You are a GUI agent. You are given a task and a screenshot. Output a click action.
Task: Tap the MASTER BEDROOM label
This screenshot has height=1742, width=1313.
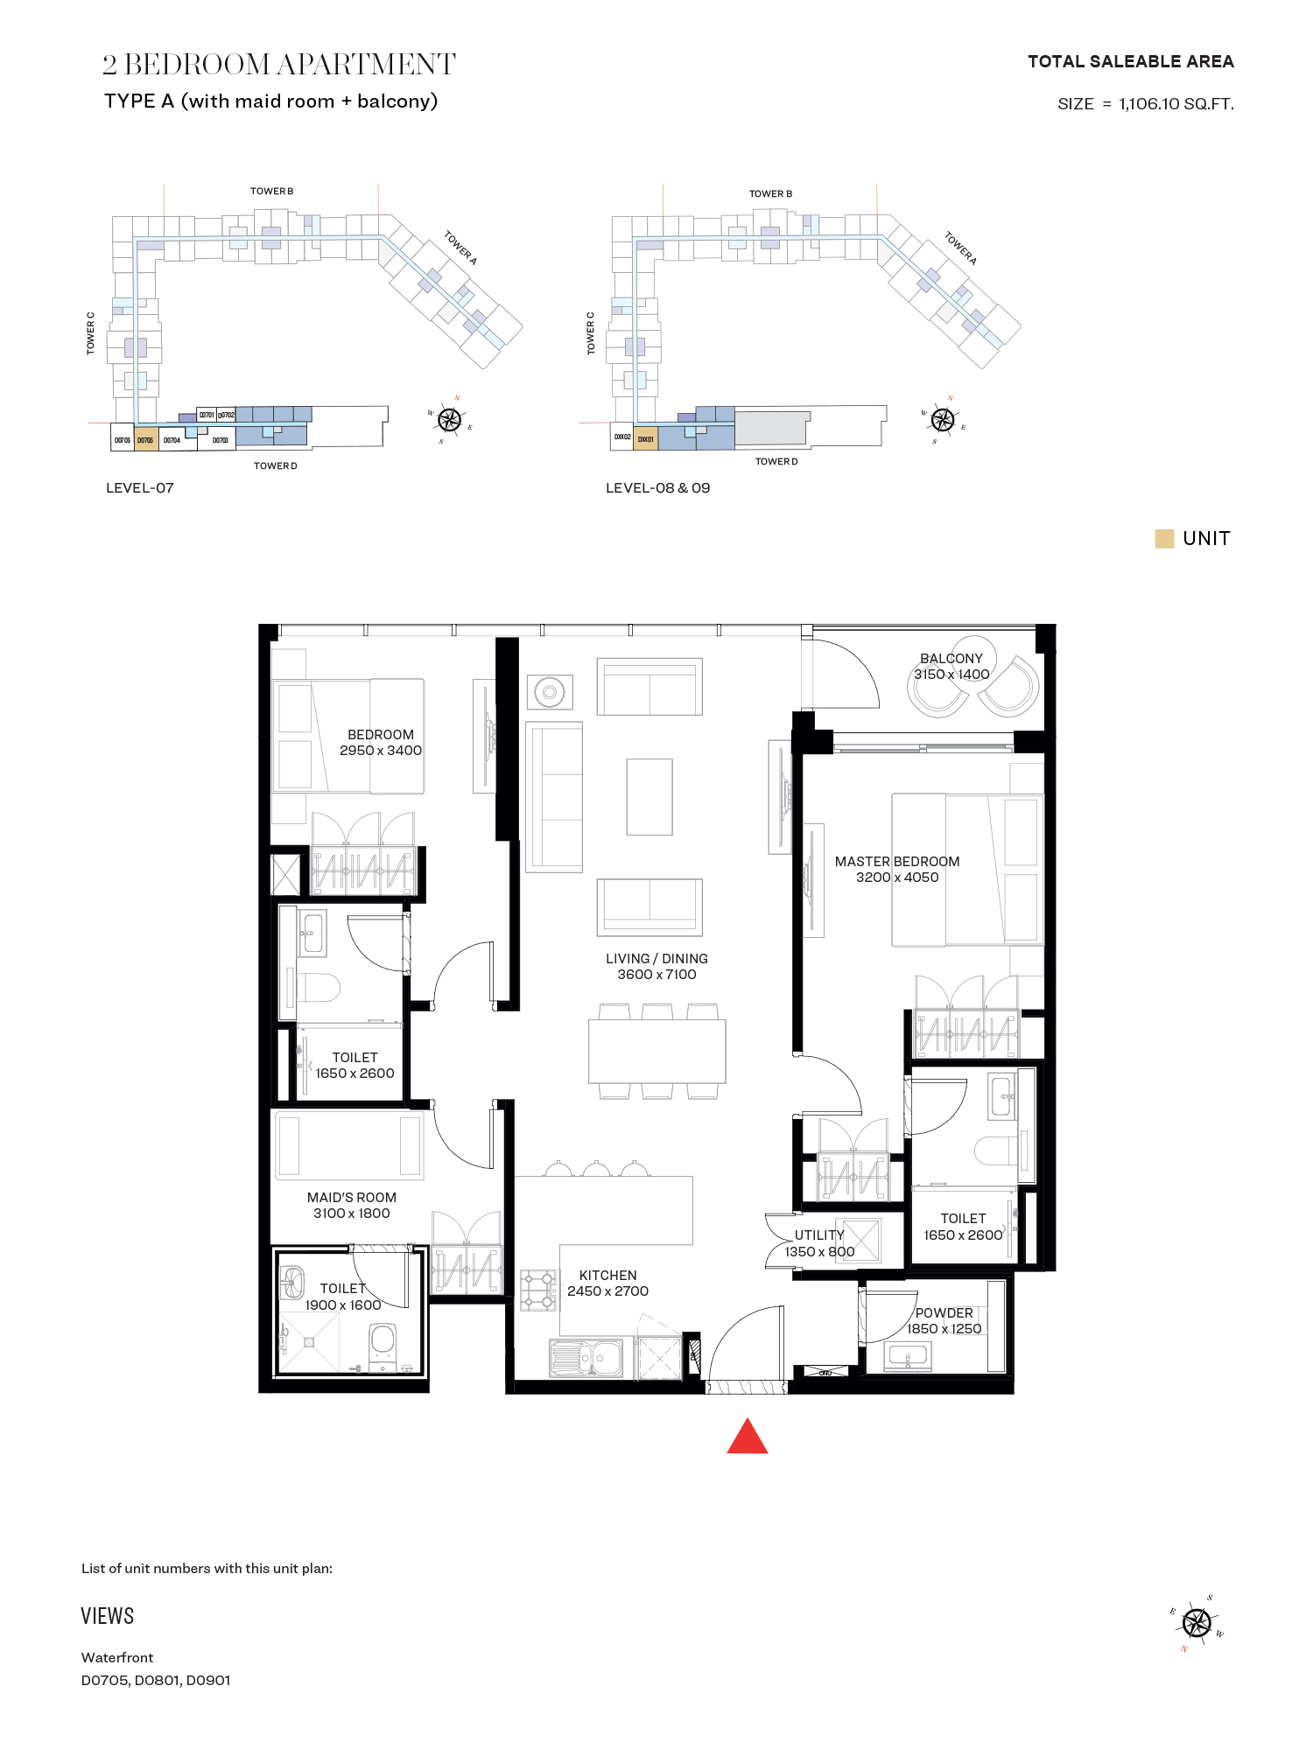pos(896,862)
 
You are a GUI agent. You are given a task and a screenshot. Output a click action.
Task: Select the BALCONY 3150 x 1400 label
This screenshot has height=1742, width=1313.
pos(951,667)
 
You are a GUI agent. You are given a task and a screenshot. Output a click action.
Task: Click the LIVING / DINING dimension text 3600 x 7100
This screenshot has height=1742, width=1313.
pos(656,975)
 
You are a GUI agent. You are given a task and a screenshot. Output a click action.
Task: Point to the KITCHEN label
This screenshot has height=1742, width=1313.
pos(607,1276)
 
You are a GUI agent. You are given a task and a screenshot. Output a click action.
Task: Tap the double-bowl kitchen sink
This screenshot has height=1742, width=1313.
pos(586,1358)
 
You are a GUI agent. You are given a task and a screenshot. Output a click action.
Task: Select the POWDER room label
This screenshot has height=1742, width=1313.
pos(944,1313)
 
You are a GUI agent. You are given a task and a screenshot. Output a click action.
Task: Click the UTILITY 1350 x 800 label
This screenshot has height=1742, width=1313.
pos(819,1243)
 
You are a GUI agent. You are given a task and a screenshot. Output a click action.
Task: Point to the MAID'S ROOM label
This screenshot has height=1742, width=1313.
pos(351,1198)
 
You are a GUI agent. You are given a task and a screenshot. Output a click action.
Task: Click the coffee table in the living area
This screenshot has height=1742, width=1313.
pos(649,797)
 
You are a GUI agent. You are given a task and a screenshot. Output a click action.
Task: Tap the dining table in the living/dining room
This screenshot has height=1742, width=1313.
pos(656,1051)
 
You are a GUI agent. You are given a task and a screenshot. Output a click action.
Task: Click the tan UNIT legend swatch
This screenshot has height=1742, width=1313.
pos(1164,539)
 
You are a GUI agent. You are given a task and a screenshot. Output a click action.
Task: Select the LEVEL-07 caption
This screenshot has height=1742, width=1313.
pos(140,488)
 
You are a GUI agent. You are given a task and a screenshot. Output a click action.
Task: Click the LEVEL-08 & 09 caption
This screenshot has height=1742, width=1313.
pos(657,488)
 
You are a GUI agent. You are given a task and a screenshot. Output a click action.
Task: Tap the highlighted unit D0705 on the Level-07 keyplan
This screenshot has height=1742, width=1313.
pos(145,440)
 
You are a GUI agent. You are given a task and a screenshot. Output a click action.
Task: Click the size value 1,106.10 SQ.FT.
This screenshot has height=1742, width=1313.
pos(1176,104)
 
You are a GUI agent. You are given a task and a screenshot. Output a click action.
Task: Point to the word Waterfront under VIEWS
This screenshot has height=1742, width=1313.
pos(117,1657)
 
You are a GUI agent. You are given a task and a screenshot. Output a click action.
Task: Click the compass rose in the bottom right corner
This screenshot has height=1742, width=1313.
pos(1196,1623)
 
